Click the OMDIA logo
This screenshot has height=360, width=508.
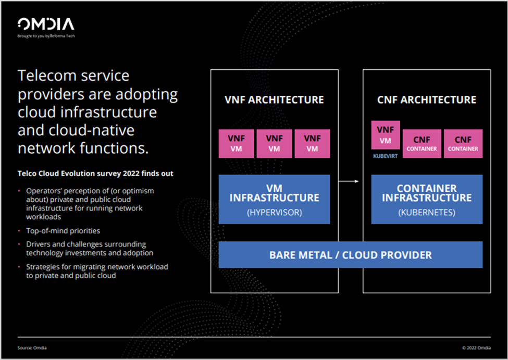pyautogui.click(x=46, y=24)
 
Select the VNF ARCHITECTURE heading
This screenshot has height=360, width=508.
pyautogui.click(x=274, y=100)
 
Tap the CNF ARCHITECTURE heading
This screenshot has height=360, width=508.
pyautogui.click(x=427, y=100)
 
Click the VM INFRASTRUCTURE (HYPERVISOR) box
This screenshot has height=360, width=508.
pyautogui.click(x=274, y=199)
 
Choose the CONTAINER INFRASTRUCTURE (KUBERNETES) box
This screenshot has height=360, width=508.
pyautogui.click(x=427, y=199)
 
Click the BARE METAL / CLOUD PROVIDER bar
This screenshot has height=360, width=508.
pyautogui.click(x=350, y=255)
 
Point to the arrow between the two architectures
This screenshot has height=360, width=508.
pyautogui.click(x=349, y=181)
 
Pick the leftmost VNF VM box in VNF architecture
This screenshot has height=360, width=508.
pyautogui.click(x=237, y=143)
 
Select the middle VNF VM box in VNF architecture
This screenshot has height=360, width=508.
pyautogui.click(x=275, y=143)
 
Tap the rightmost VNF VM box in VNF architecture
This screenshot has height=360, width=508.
pyautogui.click(x=312, y=143)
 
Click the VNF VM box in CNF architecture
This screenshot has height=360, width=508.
pyautogui.click(x=386, y=135)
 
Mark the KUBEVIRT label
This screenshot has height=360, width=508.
pyautogui.click(x=386, y=155)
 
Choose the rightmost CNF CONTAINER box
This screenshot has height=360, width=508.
pyautogui.click(x=463, y=143)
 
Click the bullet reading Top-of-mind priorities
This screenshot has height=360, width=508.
pyautogui.click(x=63, y=230)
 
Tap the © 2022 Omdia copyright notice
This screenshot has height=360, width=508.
pyautogui.click(x=476, y=347)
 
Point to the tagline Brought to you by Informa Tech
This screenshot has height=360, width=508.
pyautogui.click(x=46, y=36)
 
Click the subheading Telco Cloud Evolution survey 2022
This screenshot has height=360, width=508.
pyautogui.click(x=95, y=173)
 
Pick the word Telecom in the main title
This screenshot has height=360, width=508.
pyautogui.click(x=45, y=76)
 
